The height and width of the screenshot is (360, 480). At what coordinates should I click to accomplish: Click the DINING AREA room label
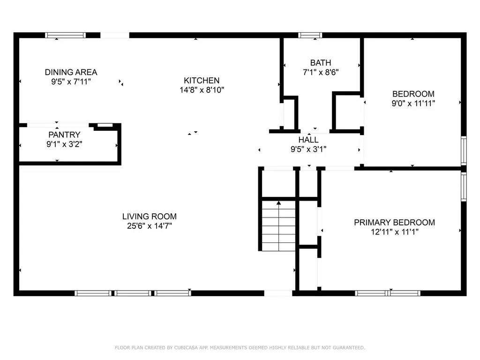71,72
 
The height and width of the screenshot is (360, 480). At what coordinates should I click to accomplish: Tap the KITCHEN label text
202,81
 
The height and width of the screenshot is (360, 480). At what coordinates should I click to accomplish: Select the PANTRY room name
64,135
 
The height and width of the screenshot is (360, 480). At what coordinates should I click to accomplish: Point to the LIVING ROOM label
150,217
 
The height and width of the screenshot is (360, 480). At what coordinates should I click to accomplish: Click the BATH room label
321,63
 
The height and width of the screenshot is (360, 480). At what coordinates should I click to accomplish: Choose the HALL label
308,140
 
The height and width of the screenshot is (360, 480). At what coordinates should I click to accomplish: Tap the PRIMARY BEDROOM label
394,223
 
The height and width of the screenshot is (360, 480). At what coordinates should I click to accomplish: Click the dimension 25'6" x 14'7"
150,226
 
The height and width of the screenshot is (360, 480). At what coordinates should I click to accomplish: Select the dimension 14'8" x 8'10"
202,90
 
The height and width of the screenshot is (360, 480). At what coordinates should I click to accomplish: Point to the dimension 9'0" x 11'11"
413,104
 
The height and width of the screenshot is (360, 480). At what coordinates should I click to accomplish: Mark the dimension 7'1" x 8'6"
321,72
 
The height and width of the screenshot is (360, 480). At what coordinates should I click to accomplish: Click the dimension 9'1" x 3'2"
64,144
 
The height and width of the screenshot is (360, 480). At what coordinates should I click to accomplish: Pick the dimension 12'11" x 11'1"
395,232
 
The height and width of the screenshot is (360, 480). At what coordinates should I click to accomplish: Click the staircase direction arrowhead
278,202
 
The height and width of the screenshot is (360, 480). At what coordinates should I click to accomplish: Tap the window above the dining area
66,35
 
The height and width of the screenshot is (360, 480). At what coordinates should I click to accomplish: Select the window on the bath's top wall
310,35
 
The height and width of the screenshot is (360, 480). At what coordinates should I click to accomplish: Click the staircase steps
278,226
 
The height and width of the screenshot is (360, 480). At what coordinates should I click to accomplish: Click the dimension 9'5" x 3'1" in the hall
308,150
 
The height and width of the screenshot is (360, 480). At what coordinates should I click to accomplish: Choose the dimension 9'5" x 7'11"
71,82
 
